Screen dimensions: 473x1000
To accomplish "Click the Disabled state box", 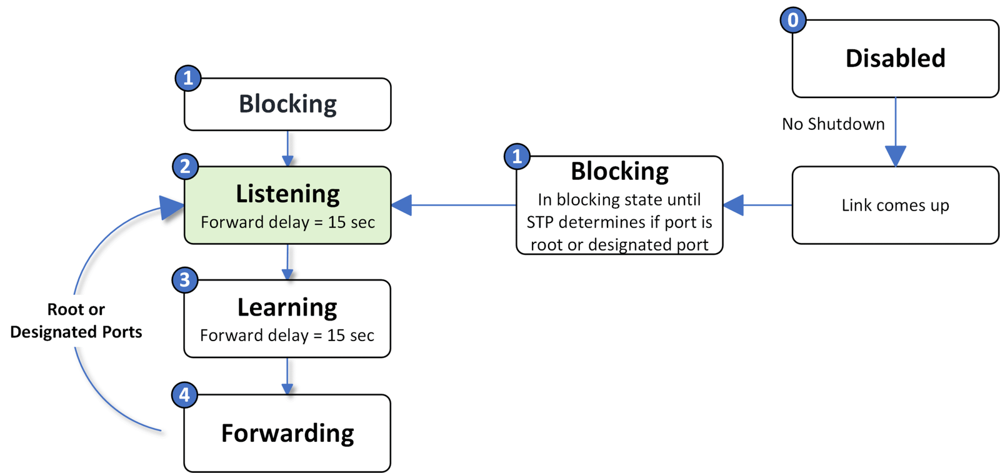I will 895,59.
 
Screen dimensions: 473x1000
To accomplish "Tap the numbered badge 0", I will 792,20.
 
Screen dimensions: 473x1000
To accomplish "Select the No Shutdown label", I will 833,124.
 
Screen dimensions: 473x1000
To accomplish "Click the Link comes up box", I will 895,205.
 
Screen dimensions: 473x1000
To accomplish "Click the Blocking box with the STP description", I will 619,205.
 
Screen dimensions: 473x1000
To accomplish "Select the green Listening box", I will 287,205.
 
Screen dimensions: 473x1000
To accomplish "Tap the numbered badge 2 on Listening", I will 185,166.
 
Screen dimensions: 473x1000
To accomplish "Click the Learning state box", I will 287,319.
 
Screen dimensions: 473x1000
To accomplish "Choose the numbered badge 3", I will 184,280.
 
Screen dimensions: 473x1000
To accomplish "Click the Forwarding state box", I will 287,433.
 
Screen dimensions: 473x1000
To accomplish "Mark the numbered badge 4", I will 184,395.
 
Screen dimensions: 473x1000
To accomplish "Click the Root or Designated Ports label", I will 76,321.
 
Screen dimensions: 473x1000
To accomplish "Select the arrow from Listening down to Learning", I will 287,262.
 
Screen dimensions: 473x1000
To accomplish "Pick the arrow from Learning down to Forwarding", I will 287,376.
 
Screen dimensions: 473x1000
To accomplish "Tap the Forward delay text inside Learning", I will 287,336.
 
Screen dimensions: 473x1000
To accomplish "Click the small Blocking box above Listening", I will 287,104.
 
